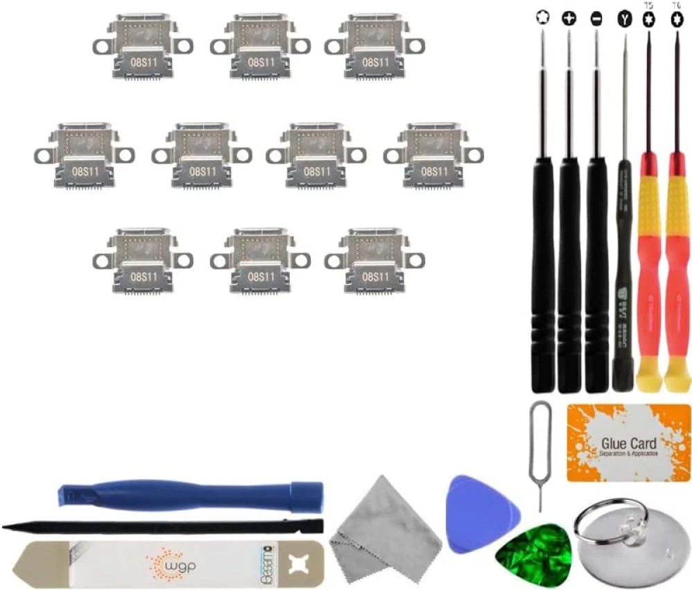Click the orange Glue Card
628,444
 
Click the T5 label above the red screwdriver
649,5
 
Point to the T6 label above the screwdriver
676,5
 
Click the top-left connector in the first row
143,46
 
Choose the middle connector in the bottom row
260,260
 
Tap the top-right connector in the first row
374,46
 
